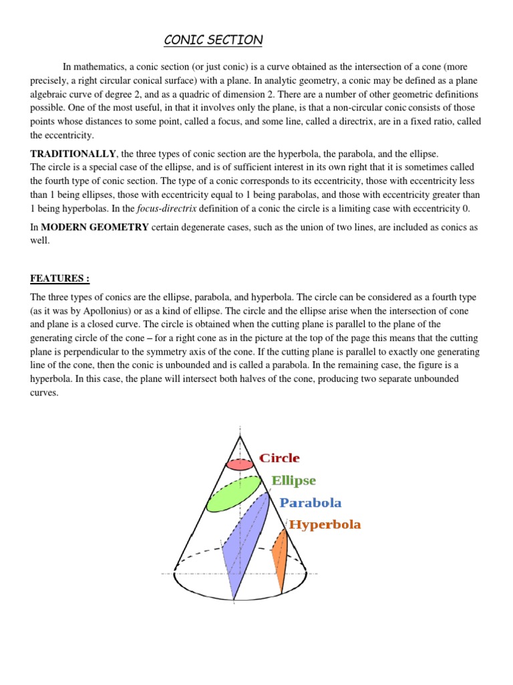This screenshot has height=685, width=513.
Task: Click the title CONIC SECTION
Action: [x=214, y=41]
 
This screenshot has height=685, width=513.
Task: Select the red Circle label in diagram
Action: [x=279, y=459]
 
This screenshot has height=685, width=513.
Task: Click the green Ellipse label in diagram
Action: [x=293, y=481]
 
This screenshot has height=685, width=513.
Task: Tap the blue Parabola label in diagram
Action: [x=310, y=503]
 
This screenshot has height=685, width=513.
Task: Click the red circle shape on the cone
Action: [x=240, y=464]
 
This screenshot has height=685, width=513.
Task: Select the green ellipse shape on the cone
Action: [x=233, y=494]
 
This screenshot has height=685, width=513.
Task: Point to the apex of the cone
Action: [x=240, y=435]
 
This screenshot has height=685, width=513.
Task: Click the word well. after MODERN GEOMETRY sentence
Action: [x=41, y=241]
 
